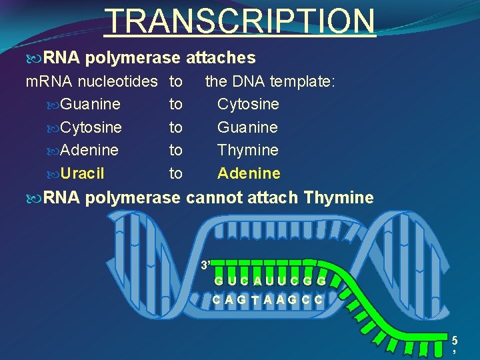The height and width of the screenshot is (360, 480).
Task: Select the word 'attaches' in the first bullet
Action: pos(221,59)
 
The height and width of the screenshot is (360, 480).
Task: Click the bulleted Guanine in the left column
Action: pos(90,105)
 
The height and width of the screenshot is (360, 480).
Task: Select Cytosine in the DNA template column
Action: pos(248,105)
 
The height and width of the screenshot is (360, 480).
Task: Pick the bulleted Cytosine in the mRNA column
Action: pos(91,127)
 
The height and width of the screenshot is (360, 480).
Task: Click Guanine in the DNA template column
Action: pos(247,127)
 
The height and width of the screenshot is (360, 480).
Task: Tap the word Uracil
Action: pos(82,174)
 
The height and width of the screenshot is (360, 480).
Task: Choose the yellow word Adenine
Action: pos(249,174)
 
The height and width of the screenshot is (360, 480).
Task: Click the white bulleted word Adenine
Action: pos(89,151)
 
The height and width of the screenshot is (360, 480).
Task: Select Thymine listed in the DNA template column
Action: pos(247,151)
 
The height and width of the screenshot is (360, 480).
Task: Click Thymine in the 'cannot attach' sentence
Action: pos(338,198)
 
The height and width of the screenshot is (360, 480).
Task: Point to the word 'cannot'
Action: pos(212,198)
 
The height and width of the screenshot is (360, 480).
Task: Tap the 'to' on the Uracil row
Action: pos(175,174)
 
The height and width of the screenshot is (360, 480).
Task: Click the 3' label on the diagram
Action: pos(206,265)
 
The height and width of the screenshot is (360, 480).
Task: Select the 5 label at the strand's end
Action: pos(455,339)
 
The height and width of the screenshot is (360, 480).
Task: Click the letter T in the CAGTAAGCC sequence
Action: pos(256,300)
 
